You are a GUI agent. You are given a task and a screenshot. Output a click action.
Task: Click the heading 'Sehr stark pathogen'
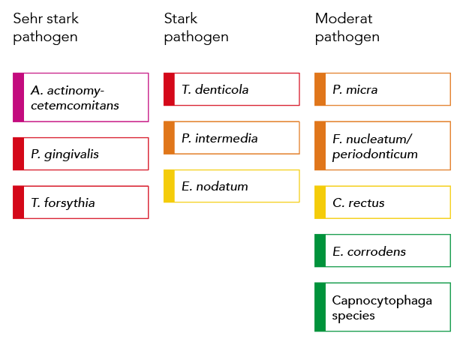coord(46,28)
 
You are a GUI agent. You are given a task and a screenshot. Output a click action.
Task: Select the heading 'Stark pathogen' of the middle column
coord(196,28)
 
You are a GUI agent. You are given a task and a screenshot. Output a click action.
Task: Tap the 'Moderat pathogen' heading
coord(347,28)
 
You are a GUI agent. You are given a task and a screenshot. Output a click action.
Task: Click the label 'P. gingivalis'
coord(65,154)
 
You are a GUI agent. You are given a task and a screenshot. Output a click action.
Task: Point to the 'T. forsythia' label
coord(63,202)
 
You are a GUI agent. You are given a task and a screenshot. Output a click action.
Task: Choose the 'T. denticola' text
coord(215,89)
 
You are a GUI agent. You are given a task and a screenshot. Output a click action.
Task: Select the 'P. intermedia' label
coord(220,138)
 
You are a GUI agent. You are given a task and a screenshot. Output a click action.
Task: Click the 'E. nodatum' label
coord(215,186)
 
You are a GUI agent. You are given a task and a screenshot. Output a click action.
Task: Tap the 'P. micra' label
coord(355,89)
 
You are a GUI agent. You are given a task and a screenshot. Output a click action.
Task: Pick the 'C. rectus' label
coord(359,202)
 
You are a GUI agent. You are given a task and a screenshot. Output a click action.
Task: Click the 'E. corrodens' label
coord(369,251)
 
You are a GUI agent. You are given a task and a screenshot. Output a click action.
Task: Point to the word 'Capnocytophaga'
coord(382,301)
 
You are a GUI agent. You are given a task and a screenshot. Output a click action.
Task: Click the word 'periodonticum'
coord(375,154)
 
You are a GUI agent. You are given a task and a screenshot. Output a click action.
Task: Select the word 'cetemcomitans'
coord(75,105)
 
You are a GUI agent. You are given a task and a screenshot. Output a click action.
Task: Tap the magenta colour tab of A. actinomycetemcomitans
coord(18,97)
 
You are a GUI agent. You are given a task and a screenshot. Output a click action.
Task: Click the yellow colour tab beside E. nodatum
coord(169,186)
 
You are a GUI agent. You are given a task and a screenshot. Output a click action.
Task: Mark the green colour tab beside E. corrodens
coord(320,250)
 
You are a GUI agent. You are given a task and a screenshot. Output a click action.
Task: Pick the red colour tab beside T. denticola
coord(169,89)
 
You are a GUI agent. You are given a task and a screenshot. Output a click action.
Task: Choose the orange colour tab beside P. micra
coord(320,89)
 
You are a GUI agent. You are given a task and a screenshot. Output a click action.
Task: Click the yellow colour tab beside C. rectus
coord(320,202)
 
